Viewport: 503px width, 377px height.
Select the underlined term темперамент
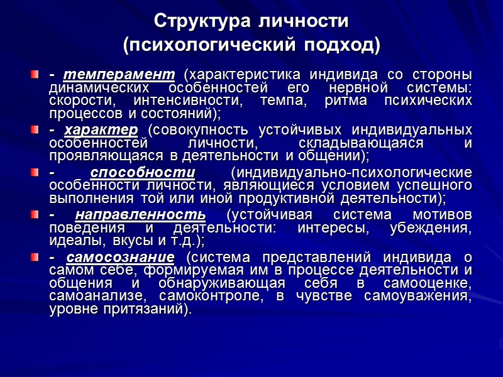119,76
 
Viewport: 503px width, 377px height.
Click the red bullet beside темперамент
34,76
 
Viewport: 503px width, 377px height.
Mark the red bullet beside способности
34,173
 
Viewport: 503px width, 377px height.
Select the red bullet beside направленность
34,215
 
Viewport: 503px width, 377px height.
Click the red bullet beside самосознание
34,258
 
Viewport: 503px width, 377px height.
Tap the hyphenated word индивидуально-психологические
351,173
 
